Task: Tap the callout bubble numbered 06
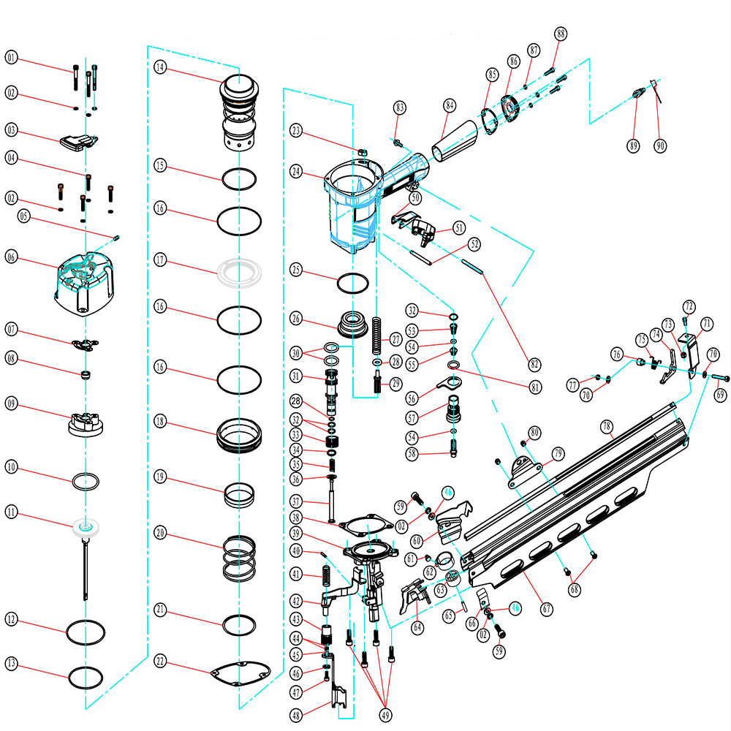12,257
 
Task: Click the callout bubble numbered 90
661,145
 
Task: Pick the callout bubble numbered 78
606,425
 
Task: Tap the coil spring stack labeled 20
240,558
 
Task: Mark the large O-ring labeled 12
87,632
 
